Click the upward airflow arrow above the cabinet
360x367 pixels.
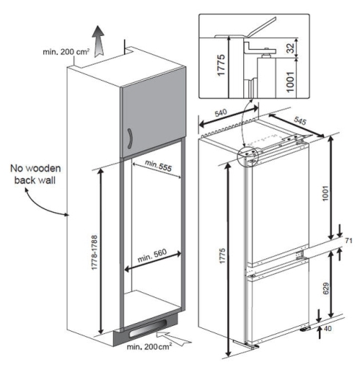[x=98, y=41]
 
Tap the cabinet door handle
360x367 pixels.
[x=130, y=138]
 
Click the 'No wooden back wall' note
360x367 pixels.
[x=35, y=174]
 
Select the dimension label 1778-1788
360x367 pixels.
[x=94, y=252]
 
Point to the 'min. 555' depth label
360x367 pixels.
[x=158, y=166]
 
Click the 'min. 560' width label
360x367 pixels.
[x=152, y=255]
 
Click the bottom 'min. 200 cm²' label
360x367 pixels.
[x=149, y=346]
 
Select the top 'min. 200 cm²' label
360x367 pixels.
[x=66, y=52]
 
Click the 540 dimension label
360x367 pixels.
[x=221, y=113]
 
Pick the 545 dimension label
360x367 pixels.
[x=300, y=120]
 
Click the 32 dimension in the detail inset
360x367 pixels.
[x=290, y=48]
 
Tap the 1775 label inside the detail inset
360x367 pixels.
[x=221, y=65]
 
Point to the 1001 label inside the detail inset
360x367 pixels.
[x=290, y=81]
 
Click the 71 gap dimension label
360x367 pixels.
[x=348, y=241]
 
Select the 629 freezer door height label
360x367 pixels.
[x=325, y=288]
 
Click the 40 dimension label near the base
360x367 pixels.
[x=328, y=328]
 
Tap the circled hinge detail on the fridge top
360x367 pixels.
[x=248, y=157]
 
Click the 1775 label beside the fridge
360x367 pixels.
[x=222, y=256]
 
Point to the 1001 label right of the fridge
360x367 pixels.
[x=325, y=193]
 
